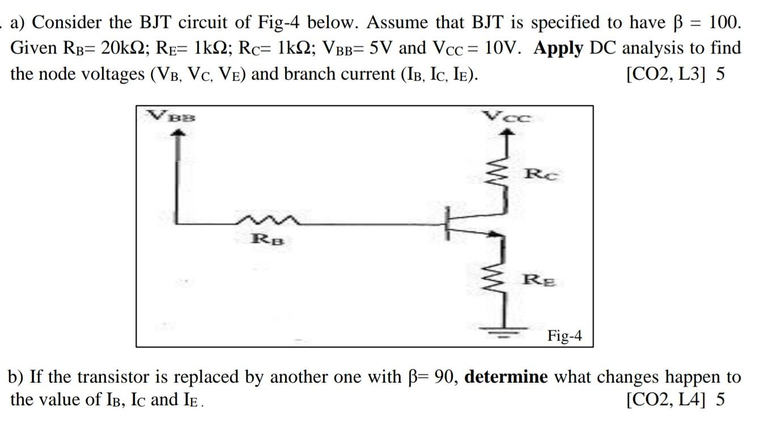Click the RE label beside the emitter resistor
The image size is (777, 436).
click(539, 279)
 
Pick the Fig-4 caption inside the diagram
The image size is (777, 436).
click(564, 336)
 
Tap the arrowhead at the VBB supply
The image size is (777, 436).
click(179, 132)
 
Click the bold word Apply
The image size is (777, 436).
click(558, 48)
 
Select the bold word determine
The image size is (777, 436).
click(506, 377)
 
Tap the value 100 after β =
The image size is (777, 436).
click(724, 23)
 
